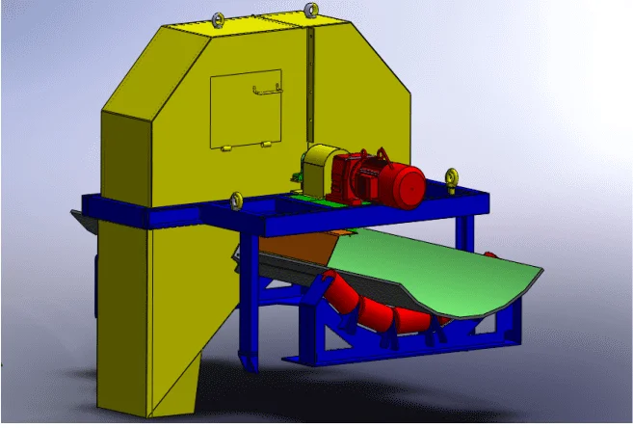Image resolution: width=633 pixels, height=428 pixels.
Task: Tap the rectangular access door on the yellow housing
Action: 247,108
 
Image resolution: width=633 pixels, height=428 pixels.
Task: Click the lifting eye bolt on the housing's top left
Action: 218,18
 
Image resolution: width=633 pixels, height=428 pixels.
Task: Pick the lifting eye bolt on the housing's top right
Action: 311,10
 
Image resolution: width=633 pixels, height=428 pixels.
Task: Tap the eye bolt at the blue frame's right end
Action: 451,178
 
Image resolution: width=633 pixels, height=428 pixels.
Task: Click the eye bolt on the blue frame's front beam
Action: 235,201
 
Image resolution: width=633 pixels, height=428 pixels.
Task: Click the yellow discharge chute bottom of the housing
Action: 179,386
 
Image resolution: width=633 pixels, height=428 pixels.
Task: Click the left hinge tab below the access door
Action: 224,148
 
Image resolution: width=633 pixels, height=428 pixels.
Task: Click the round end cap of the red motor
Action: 411,185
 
